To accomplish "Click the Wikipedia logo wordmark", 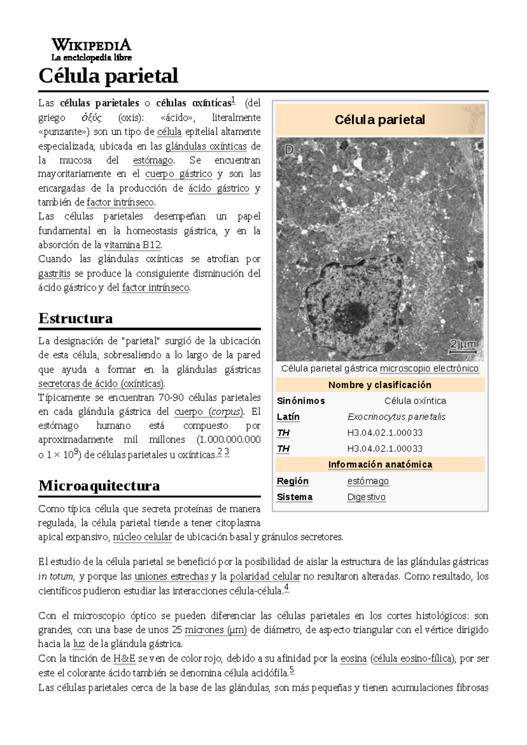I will tap(91, 45).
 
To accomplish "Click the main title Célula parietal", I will tap(108, 76).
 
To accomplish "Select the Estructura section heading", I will tap(76, 318).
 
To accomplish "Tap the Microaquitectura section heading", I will tap(99, 486).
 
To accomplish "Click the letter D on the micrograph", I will tap(289, 150).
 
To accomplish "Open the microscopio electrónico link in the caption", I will tap(429, 368).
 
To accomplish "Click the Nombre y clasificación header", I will tap(380, 385).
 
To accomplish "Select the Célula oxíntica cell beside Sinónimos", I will tap(415, 401).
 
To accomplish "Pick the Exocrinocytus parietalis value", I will tap(396, 417).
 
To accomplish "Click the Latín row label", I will tap(288, 417).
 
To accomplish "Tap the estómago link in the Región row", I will tap(368, 481).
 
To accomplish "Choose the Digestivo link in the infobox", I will tap(366, 497).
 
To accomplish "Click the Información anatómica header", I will tap(380, 464).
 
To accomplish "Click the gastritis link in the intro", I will tap(54, 274).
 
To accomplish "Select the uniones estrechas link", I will tap(171, 576).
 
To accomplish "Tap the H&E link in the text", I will tap(124, 659).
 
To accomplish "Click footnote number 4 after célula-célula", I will tap(286, 587).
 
